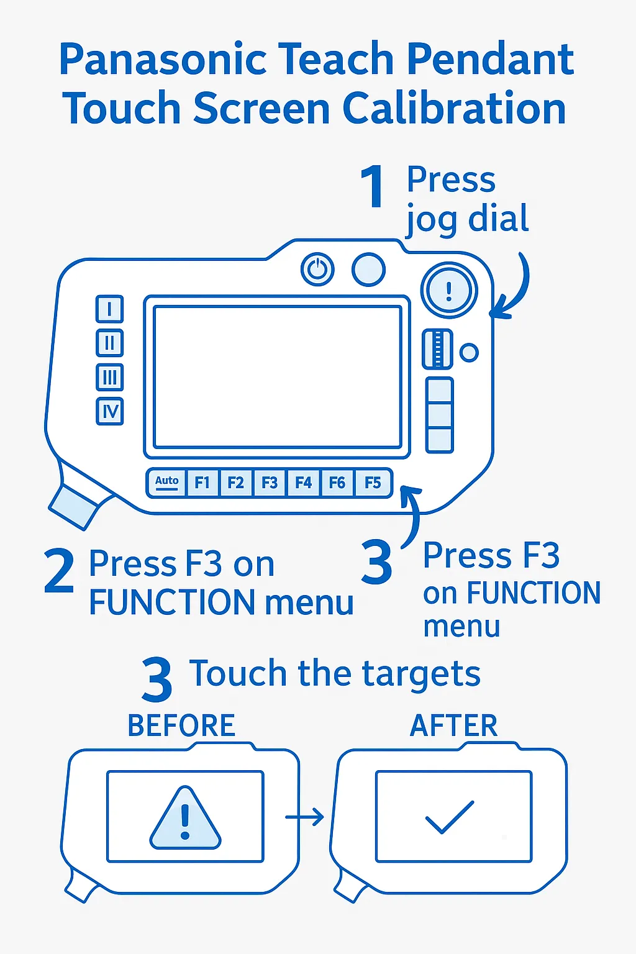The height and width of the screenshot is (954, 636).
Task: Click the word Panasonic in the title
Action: click(x=163, y=60)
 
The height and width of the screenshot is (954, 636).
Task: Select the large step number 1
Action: click(x=373, y=186)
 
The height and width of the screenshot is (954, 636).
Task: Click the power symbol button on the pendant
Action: click(x=317, y=270)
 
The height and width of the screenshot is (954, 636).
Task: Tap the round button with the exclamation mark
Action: click(x=449, y=290)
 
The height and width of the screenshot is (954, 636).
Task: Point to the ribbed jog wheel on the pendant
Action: click(x=437, y=349)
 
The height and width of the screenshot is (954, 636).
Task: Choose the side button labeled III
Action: click(x=110, y=377)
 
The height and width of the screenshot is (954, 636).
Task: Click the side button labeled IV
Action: click(x=110, y=411)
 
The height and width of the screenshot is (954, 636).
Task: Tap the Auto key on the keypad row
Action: click(x=166, y=483)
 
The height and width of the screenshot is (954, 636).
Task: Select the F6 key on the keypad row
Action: click(x=337, y=483)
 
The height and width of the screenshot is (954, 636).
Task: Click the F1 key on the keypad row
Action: click(x=202, y=483)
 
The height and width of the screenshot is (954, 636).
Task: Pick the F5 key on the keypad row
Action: click(x=373, y=483)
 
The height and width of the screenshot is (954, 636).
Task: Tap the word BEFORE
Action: click(x=181, y=725)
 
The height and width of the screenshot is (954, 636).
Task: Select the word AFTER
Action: click(x=454, y=725)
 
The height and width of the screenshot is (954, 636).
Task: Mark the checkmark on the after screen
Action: click(x=450, y=817)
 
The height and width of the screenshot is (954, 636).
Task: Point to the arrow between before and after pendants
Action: click(x=304, y=817)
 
